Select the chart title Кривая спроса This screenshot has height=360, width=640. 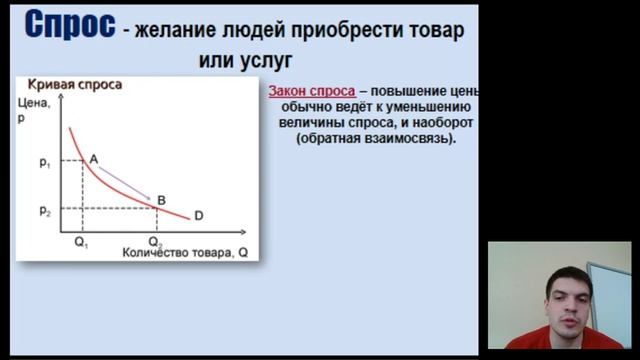point(75,85)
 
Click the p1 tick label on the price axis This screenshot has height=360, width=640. point(45,161)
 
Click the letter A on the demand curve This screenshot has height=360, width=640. point(94,159)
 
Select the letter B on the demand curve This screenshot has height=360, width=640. point(162,200)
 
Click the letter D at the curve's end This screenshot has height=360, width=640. point(198,216)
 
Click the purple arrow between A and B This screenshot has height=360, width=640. point(129,183)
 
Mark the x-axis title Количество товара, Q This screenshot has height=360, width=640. point(183,253)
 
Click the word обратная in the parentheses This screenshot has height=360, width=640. point(333,139)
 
